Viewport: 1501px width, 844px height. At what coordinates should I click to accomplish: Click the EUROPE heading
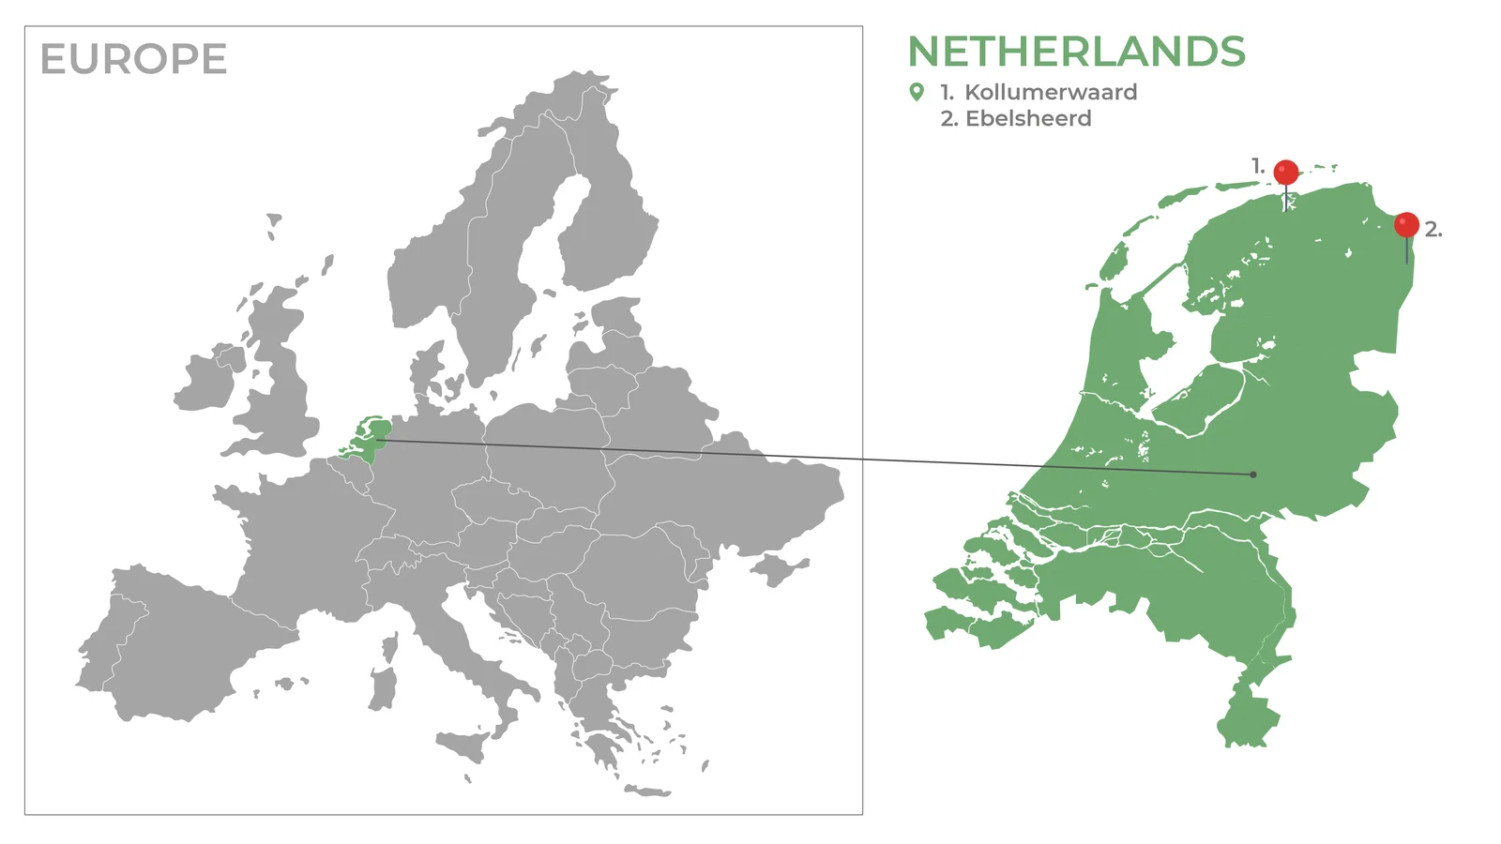click(133, 59)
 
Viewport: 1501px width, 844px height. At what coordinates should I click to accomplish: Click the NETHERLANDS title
click(1076, 53)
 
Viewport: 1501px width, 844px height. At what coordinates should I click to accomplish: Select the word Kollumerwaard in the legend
click(1051, 92)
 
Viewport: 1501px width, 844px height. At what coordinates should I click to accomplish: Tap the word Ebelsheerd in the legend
click(1028, 118)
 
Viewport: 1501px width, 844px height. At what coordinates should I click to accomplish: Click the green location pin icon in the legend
click(917, 92)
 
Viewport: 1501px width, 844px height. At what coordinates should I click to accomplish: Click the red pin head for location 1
click(1286, 173)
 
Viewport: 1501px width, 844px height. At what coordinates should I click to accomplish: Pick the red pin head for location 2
click(1406, 225)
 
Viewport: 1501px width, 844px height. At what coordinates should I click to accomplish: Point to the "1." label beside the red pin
click(1258, 166)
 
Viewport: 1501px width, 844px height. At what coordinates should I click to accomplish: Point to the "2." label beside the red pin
click(1433, 229)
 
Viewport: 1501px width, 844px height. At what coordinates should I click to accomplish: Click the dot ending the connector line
click(1253, 475)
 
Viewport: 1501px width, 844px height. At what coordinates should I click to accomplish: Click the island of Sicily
click(466, 746)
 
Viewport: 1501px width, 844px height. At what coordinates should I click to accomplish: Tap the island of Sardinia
click(383, 690)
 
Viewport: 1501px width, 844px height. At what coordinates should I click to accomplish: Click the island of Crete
click(647, 791)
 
